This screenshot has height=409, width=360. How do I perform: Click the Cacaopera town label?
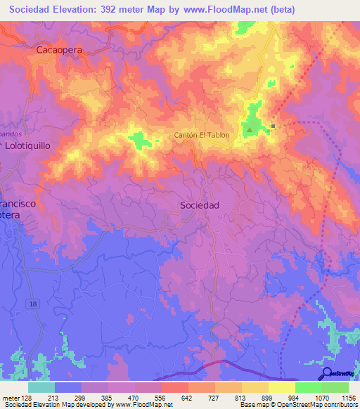tap(60, 51)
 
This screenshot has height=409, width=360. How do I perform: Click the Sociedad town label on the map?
tap(200, 205)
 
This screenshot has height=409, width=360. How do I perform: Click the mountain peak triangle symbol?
tap(248, 129)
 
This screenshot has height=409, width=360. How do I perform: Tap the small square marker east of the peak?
tap(274, 126)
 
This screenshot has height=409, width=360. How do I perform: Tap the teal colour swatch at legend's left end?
tap(41, 387)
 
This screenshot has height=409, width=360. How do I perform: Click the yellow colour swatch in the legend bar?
tap(281, 387)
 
